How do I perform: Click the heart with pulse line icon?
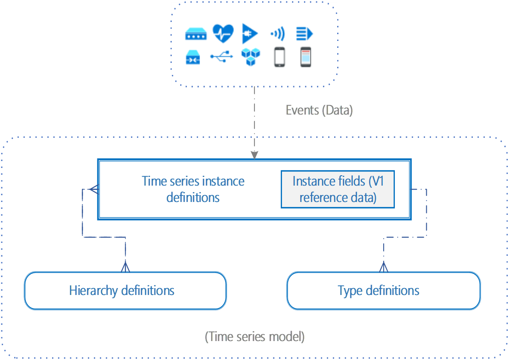coord(223,33)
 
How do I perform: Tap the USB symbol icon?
coord(222,56)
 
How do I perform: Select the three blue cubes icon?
coord(250,57)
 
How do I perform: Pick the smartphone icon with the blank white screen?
coord(279,57)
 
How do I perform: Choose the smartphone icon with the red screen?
coord(305,57)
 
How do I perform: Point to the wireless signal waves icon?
coord(277,34)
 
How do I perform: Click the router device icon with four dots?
coord(196,34)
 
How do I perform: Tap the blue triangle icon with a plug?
coord(250,34)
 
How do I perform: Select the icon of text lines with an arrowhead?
coord(304,34)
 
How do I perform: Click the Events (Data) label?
coord(319,110)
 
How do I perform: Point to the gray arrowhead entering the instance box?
coord(254,155)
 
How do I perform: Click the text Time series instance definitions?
coord(193,189)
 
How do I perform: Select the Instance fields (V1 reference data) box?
coord(338,189)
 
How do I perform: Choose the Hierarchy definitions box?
coord(125,291)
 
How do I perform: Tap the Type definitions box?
coord(383,291)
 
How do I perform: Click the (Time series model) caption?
coord(254,336)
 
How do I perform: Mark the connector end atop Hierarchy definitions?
coord(125,267)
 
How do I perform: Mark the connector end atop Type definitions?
coord(383,267)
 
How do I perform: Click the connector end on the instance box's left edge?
coord(92,189)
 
